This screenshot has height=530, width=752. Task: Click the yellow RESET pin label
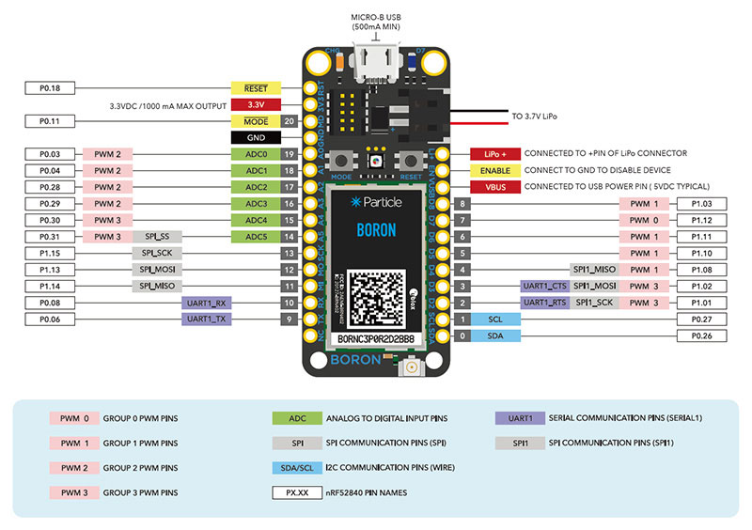click(x=256, y=88)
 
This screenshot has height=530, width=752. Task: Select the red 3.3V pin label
click(x=256, y=104)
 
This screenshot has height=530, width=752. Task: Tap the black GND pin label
click(x=256, y=137)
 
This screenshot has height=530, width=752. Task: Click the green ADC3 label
click(x=256, y=204)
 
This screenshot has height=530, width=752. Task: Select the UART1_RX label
click(x=205, y=303)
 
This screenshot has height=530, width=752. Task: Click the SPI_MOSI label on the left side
click(x=157, y=270)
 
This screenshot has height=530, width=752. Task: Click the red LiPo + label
click(x=494, y=153)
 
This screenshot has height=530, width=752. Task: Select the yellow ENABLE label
click(x=494, y=170)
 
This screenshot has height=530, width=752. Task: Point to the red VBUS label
click(x=494, y=186)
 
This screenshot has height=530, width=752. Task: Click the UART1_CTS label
click(x=544, y=286)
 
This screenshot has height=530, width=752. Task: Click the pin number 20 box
click(x=290, y=121)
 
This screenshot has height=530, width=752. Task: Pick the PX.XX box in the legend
click(x=297, y=491)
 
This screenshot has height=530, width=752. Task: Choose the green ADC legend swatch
click(x=297, y=418)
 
